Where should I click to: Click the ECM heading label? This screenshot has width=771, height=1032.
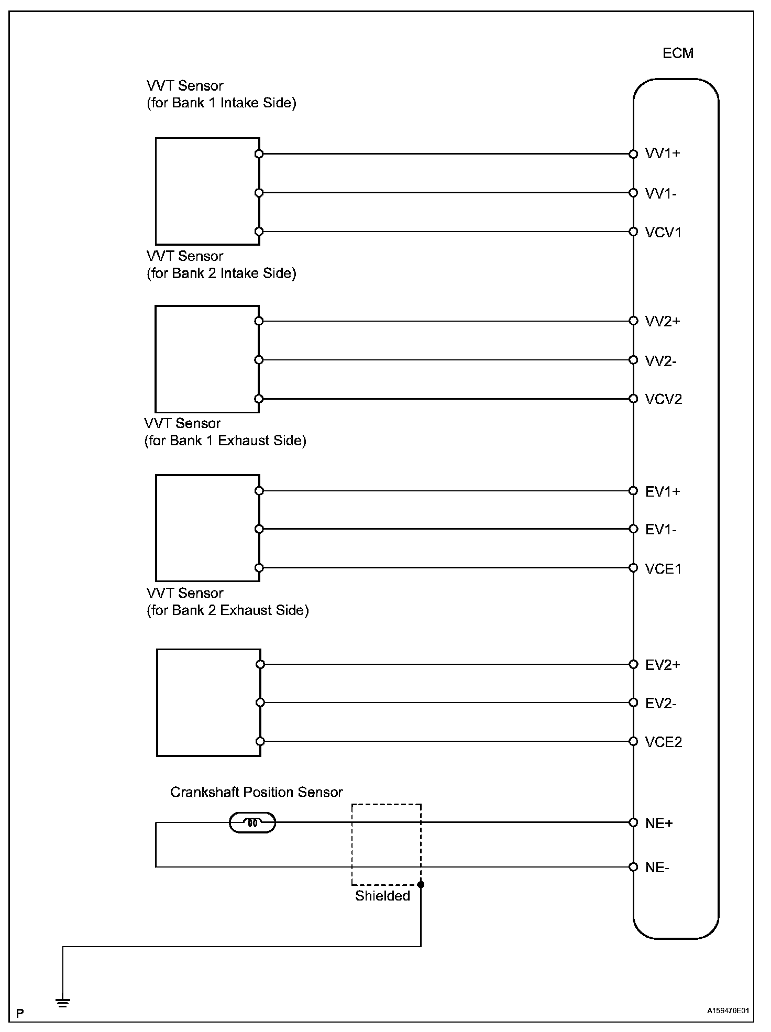[678, 53]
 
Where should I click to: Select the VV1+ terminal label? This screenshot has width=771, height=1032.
[663, 153]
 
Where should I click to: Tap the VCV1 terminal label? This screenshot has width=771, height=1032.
[664, 233]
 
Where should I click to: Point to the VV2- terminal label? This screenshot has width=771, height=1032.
[661, 361]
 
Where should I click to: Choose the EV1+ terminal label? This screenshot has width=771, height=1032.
[663, 491]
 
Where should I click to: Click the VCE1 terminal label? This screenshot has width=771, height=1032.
[664, 569]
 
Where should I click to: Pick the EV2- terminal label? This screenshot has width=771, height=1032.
[661, 704]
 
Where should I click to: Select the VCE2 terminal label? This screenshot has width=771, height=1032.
[664, 742]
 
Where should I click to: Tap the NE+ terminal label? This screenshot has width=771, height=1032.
[659, 824]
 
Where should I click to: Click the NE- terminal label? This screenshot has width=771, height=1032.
[657, 868]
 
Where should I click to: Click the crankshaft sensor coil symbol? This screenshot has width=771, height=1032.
[252, 822]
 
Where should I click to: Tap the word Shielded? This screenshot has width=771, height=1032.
[382, 896]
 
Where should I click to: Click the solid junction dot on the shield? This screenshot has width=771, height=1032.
[421, 885]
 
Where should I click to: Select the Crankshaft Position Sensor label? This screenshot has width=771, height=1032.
[256, 792]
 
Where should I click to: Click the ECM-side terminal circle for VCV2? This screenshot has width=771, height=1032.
[633, 399]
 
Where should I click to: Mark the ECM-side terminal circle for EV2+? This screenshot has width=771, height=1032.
[633, 664]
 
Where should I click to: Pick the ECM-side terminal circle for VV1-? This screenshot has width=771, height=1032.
[633, 193]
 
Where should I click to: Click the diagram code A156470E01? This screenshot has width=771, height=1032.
[729, 1011]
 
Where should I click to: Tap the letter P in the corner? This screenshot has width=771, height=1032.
[20, 1014]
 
